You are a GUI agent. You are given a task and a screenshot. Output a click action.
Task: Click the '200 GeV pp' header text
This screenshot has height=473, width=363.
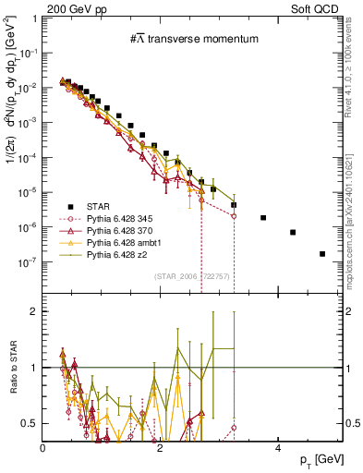(x=71, y=8)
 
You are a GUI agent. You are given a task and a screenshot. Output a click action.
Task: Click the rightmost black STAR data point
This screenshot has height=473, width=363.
(x=322, y=254)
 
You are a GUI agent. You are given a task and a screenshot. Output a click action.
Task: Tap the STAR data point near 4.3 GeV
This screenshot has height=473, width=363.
(x=293, y=233)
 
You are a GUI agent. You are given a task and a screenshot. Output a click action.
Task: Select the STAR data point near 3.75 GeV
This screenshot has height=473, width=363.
(x=263, y=218)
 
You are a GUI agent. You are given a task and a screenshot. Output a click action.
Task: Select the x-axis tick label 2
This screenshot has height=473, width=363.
(x=161, y=447)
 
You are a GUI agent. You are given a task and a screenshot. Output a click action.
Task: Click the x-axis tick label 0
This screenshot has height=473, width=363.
(x=43, y=447)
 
